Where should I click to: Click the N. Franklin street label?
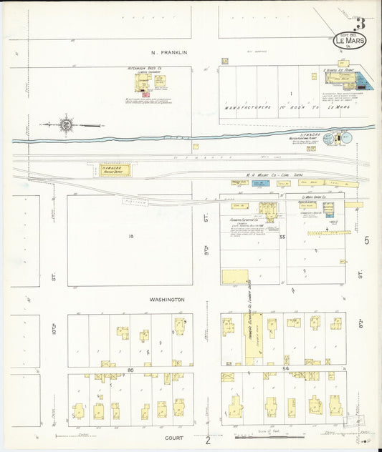click(x=169, y=52)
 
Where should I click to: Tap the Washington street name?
click(x=166, y=300)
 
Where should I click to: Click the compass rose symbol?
click(x=66, y=124)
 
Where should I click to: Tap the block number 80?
click(x=131, y=370)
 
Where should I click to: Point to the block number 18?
click(x=131, y=236)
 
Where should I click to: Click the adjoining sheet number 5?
click(x=366, y=241)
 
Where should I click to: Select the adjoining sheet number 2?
click(x=208, y=441)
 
